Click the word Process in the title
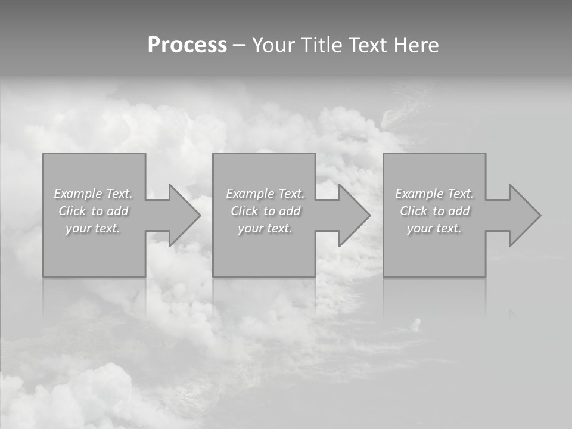pos(187,45)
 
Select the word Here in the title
pos(417,45)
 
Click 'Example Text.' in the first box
pos(93,194)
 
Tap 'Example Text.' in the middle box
pos(265,194)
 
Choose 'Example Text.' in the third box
pos(434,194)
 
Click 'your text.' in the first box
pos(93,228)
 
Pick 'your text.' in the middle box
pos(265,228)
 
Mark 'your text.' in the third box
pos(434,228)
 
